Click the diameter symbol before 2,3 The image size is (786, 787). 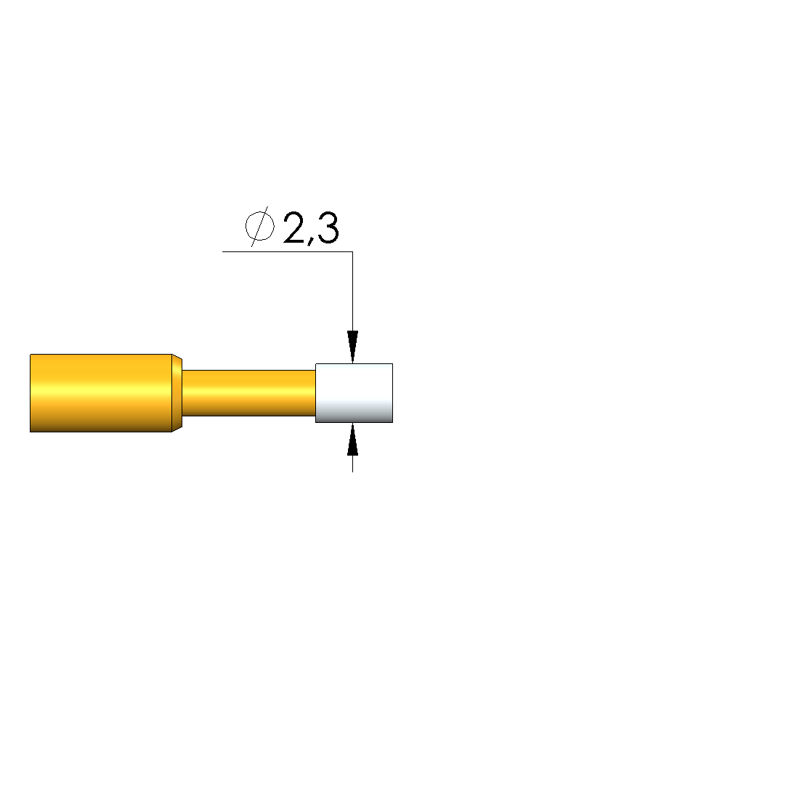tap(260, 227)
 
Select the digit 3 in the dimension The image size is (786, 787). tap(328, 228)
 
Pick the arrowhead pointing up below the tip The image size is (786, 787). tap(352, 440)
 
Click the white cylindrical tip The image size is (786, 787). tap(354, 393)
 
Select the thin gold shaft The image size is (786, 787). tap(248, 393)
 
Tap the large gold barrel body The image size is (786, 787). tap(101, 393)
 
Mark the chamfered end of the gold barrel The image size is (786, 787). tap(177, 393)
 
